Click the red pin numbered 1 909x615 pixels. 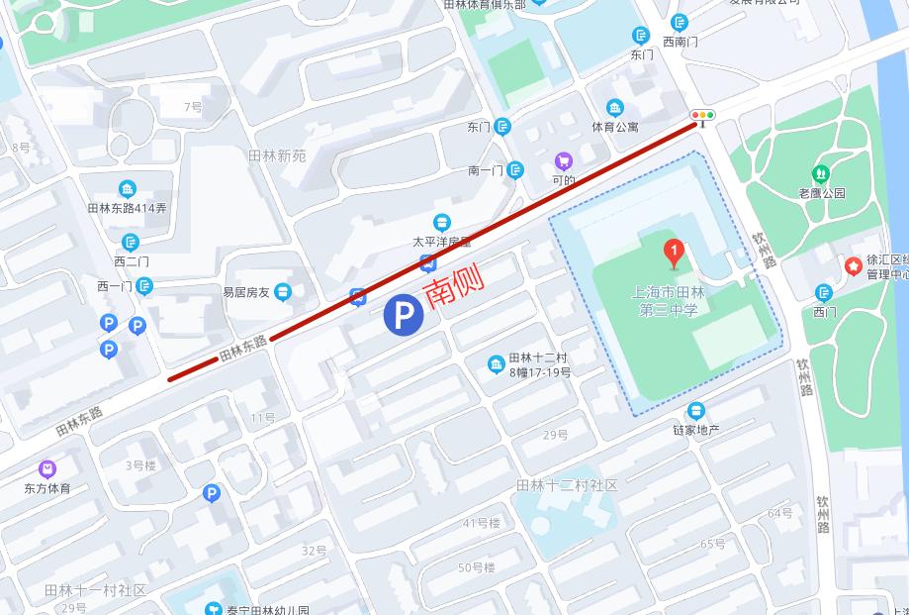(x=674, y=253)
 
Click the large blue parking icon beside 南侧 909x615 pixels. (x=404, y=316)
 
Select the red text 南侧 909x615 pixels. (x=453, y=289)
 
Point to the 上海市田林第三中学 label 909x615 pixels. (x=669, y=300)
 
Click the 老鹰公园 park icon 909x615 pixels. (x=821, y=174)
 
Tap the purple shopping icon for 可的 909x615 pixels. (x=564, y=161)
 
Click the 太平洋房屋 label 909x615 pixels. (x=442, y=241)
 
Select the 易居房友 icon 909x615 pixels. (x=284, y=291)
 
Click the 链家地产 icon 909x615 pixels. (x=696, y=411)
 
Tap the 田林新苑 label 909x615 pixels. (x=278, y=155)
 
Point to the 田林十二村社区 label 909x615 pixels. (x=567, y=485)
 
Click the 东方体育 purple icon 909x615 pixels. (x=47, y=469)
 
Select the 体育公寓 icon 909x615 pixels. (x=615, y=108)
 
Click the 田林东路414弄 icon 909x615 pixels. (x=128, y=190)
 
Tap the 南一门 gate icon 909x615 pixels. (x=515, y=170)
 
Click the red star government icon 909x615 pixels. (x=853, y=265)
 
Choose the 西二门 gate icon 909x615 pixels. (x=131, y=243)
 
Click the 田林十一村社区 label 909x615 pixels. (x=95, y=590)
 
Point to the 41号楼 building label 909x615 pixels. (x=482, y=523)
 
